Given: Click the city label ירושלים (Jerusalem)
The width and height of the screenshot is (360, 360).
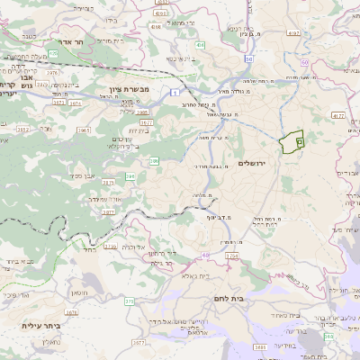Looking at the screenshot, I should pyautogui.click(x=255, y=162).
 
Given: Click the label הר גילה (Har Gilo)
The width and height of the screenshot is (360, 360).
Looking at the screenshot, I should pyautogui.click(x=162, y=264).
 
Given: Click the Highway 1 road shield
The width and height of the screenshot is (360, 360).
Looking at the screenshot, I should pyautogui.click(x=174, y=92).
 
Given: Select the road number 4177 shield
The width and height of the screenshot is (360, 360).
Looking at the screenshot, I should pyautogui.click(x=337, y=115).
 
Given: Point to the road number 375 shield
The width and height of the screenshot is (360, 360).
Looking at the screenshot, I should pyautogui.click(x=129, y=301).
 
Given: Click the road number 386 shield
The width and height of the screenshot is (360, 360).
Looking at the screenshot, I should pyautogui.click(x=154, y=160).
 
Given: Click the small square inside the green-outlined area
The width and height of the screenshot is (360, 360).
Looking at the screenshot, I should pyautogui.click(x=299, y=141).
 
